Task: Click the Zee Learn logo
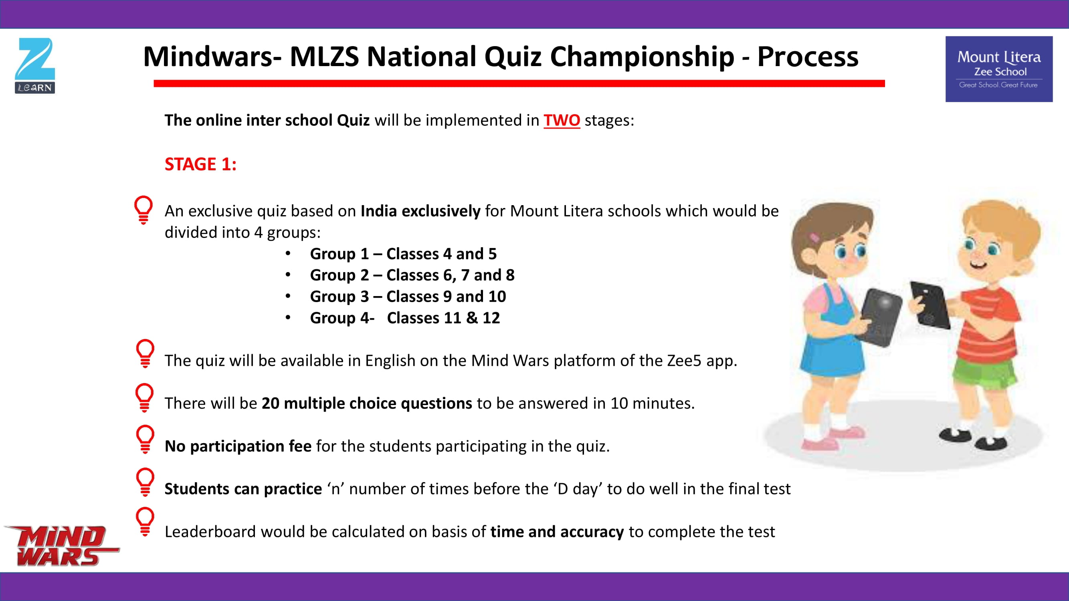tap(35, 66)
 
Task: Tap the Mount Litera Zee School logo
tap(999, 69)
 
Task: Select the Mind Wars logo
tap(61, 545)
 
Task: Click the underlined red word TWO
tap(562, 120)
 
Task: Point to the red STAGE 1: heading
tap(200, 164)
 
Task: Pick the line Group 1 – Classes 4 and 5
tap(403, 254)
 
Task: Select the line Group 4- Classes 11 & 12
tap(405, 318)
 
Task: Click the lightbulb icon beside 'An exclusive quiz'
tap(143, 210)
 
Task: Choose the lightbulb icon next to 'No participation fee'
tap(145, 439)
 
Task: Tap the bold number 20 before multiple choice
tap(270, 403)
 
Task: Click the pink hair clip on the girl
tap(814, 238)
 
